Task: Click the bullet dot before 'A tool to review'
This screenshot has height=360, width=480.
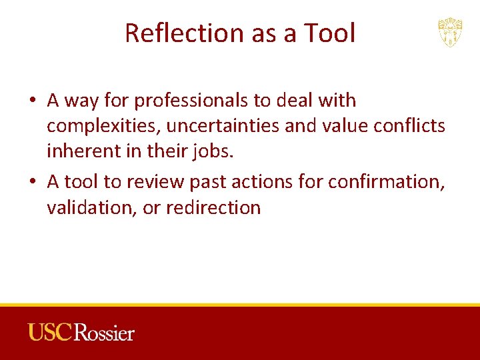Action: pos(33,181)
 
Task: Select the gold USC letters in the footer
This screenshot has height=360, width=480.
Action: pos(50,332)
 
